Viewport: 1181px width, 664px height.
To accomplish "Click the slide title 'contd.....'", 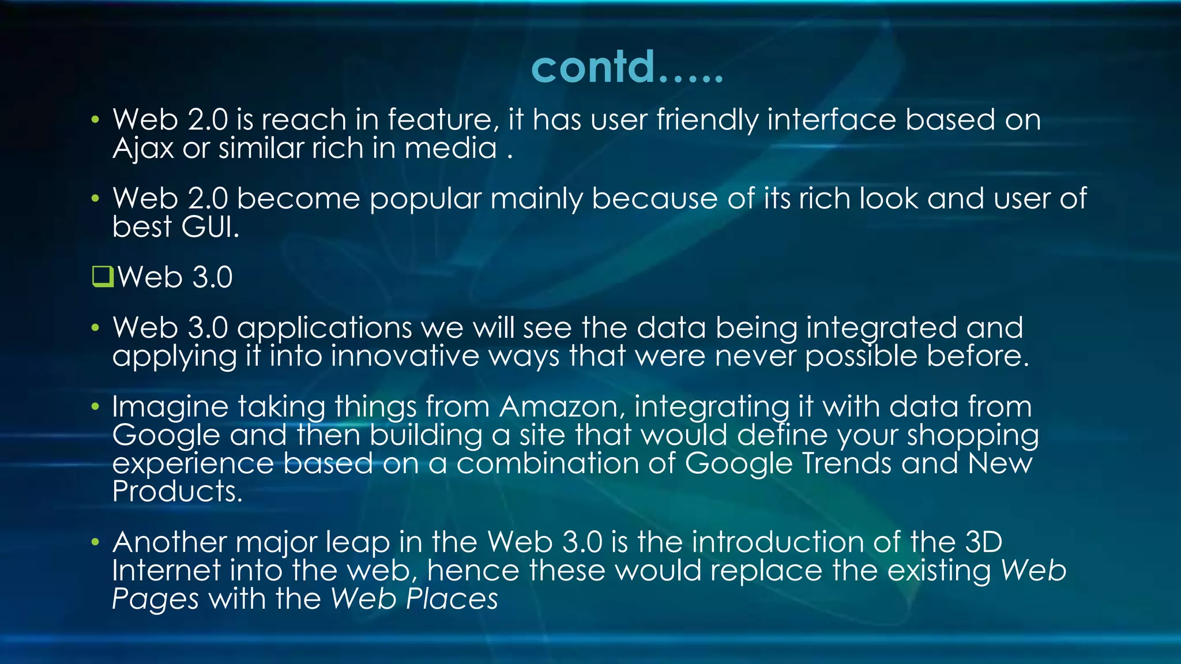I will click(627, 67).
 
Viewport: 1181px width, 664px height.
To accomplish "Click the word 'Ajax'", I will click(142, 149).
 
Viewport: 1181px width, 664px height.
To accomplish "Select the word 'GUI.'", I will click(210, 227).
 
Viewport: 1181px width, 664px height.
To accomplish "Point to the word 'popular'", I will click(425, 199).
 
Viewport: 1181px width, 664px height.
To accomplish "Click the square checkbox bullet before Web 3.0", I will click(103, 277).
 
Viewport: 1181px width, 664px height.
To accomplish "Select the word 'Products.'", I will click(177, 492).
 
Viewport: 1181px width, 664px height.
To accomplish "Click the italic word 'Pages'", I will click(155, 599).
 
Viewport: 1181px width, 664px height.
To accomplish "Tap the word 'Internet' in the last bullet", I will click(166, 571).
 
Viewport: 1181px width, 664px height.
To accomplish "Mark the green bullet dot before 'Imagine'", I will click(95, 407).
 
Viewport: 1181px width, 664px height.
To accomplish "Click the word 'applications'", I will click(324, 329).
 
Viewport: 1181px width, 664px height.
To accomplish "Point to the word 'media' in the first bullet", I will click(450, 149).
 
